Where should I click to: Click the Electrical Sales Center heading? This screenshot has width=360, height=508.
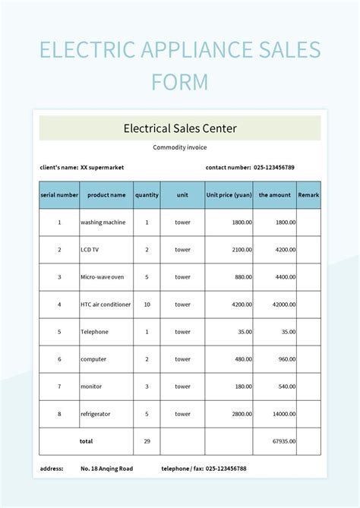[180, 128]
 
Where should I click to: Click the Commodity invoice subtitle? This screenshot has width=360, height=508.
[180, 147]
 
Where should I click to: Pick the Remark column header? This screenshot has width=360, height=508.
[308, 195]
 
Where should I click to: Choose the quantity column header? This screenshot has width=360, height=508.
[147, 195]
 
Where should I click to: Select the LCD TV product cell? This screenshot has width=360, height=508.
[91, 250]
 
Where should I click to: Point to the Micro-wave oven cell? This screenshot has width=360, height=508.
[102, 277]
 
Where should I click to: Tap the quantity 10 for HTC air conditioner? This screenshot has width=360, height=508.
[147, 304]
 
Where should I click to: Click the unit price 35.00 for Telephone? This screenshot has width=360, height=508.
[244, 332]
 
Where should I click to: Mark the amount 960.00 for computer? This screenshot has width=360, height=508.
[285, 359]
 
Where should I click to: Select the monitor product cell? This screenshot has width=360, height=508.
[93, 387]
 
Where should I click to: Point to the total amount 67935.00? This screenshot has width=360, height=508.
[283, 441]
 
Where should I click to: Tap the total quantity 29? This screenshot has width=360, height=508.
[147, 441]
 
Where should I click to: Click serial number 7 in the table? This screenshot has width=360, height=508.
[59, 387]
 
